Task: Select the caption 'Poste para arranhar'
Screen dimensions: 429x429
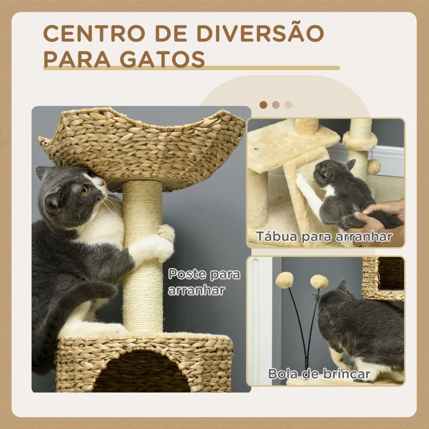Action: click(x=204, y=282)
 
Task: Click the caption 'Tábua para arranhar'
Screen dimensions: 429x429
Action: click(x=324, y=236)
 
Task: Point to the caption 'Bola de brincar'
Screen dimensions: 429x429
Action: click(x=320, y=374)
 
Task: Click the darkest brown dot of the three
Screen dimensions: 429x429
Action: click(x=263, y=105)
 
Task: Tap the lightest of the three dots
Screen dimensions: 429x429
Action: click(x=289, y=105)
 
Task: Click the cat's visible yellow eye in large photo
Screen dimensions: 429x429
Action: click(x=85, y=189)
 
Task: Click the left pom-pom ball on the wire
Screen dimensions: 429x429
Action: click(x=285, y=279)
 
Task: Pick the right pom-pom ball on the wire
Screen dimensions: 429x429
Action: click(x=320, y=282)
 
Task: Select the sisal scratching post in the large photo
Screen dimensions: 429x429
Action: click(x=143, y=279)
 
